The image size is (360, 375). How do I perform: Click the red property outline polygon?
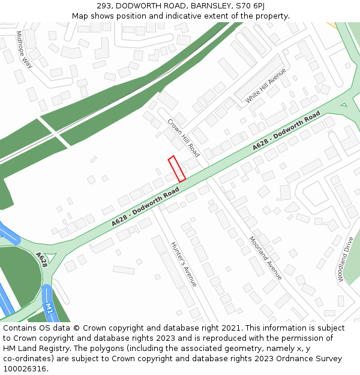[x=176, y=169]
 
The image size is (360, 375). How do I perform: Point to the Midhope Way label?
[x=25, y=49]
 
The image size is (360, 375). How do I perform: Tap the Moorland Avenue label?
[x=265, y=259]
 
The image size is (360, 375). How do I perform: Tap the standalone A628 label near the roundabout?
[x=41, y=259]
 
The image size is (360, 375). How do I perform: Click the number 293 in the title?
[x=104, y=5]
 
